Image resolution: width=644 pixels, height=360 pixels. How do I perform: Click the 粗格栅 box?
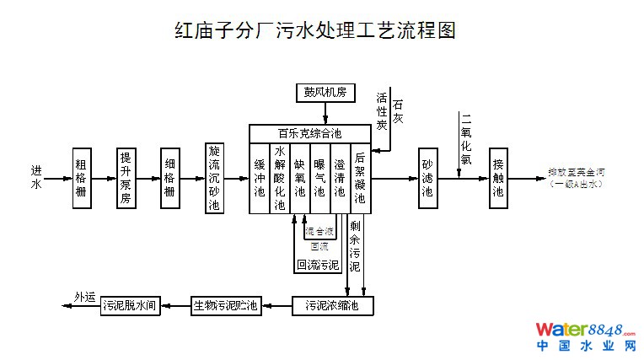click(81, 178)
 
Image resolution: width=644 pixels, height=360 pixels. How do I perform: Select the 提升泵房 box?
click(126, 178)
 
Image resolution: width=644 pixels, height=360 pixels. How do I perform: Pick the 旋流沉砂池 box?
click(214, 178)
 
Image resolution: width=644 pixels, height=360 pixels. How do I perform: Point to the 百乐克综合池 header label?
click(310, 133)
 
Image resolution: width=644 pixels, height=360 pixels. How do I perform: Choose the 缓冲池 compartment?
click(260, 179)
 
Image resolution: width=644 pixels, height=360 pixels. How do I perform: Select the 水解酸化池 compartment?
click(280, 179)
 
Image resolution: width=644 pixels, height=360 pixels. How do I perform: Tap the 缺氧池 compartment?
click(300, 179)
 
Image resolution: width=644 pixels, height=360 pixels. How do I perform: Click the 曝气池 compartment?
click(319, 179)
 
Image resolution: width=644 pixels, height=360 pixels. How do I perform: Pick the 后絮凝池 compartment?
click(360, 179)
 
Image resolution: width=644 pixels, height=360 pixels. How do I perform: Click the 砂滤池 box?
click(427, 179)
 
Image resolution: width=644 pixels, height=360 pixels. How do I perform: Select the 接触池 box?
click(498, 179)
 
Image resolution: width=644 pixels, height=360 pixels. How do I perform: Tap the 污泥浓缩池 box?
click(331, 305)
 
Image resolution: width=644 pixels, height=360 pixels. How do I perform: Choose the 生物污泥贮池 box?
click(226, 305)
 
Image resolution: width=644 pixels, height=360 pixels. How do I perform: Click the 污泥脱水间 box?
click(131, 305)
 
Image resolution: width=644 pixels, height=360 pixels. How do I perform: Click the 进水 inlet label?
click(36, 177)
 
